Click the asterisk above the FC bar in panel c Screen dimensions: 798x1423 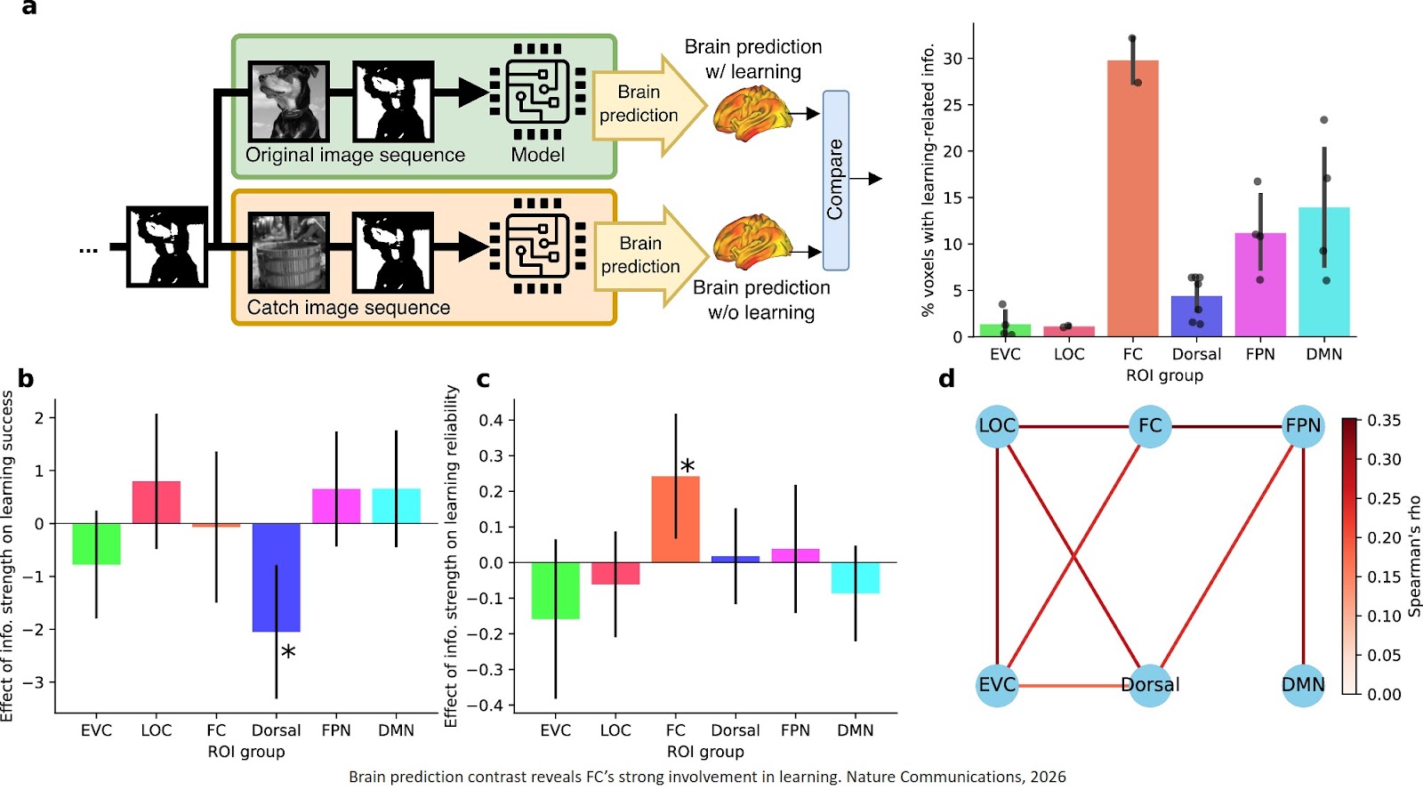click(x=687, y=466)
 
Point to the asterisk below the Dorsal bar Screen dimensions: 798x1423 click(x=288, y=653)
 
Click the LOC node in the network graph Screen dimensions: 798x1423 click(x=996, y=426)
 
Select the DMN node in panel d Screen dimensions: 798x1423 click(x=1303, y=684)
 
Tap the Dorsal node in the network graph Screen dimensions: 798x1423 click(x=1150, y=684)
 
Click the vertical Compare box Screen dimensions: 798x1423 click(x=835, y=180)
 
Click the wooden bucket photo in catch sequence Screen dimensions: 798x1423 click(x=288, y=253)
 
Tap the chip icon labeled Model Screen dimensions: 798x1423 click(x=537, y=92)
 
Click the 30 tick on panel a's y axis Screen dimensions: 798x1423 click(x=953, y=59)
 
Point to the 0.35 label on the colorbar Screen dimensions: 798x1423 click(x=1384, y=420)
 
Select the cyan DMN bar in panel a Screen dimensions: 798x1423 click(x=1323, y=271)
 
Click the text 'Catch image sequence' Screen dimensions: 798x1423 click(x=348, y=308)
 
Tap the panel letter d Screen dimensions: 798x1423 click(x=946, y=379)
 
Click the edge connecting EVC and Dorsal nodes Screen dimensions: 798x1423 click(x=1073, y=685)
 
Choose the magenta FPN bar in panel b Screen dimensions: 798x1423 click(x=336, y=505)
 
